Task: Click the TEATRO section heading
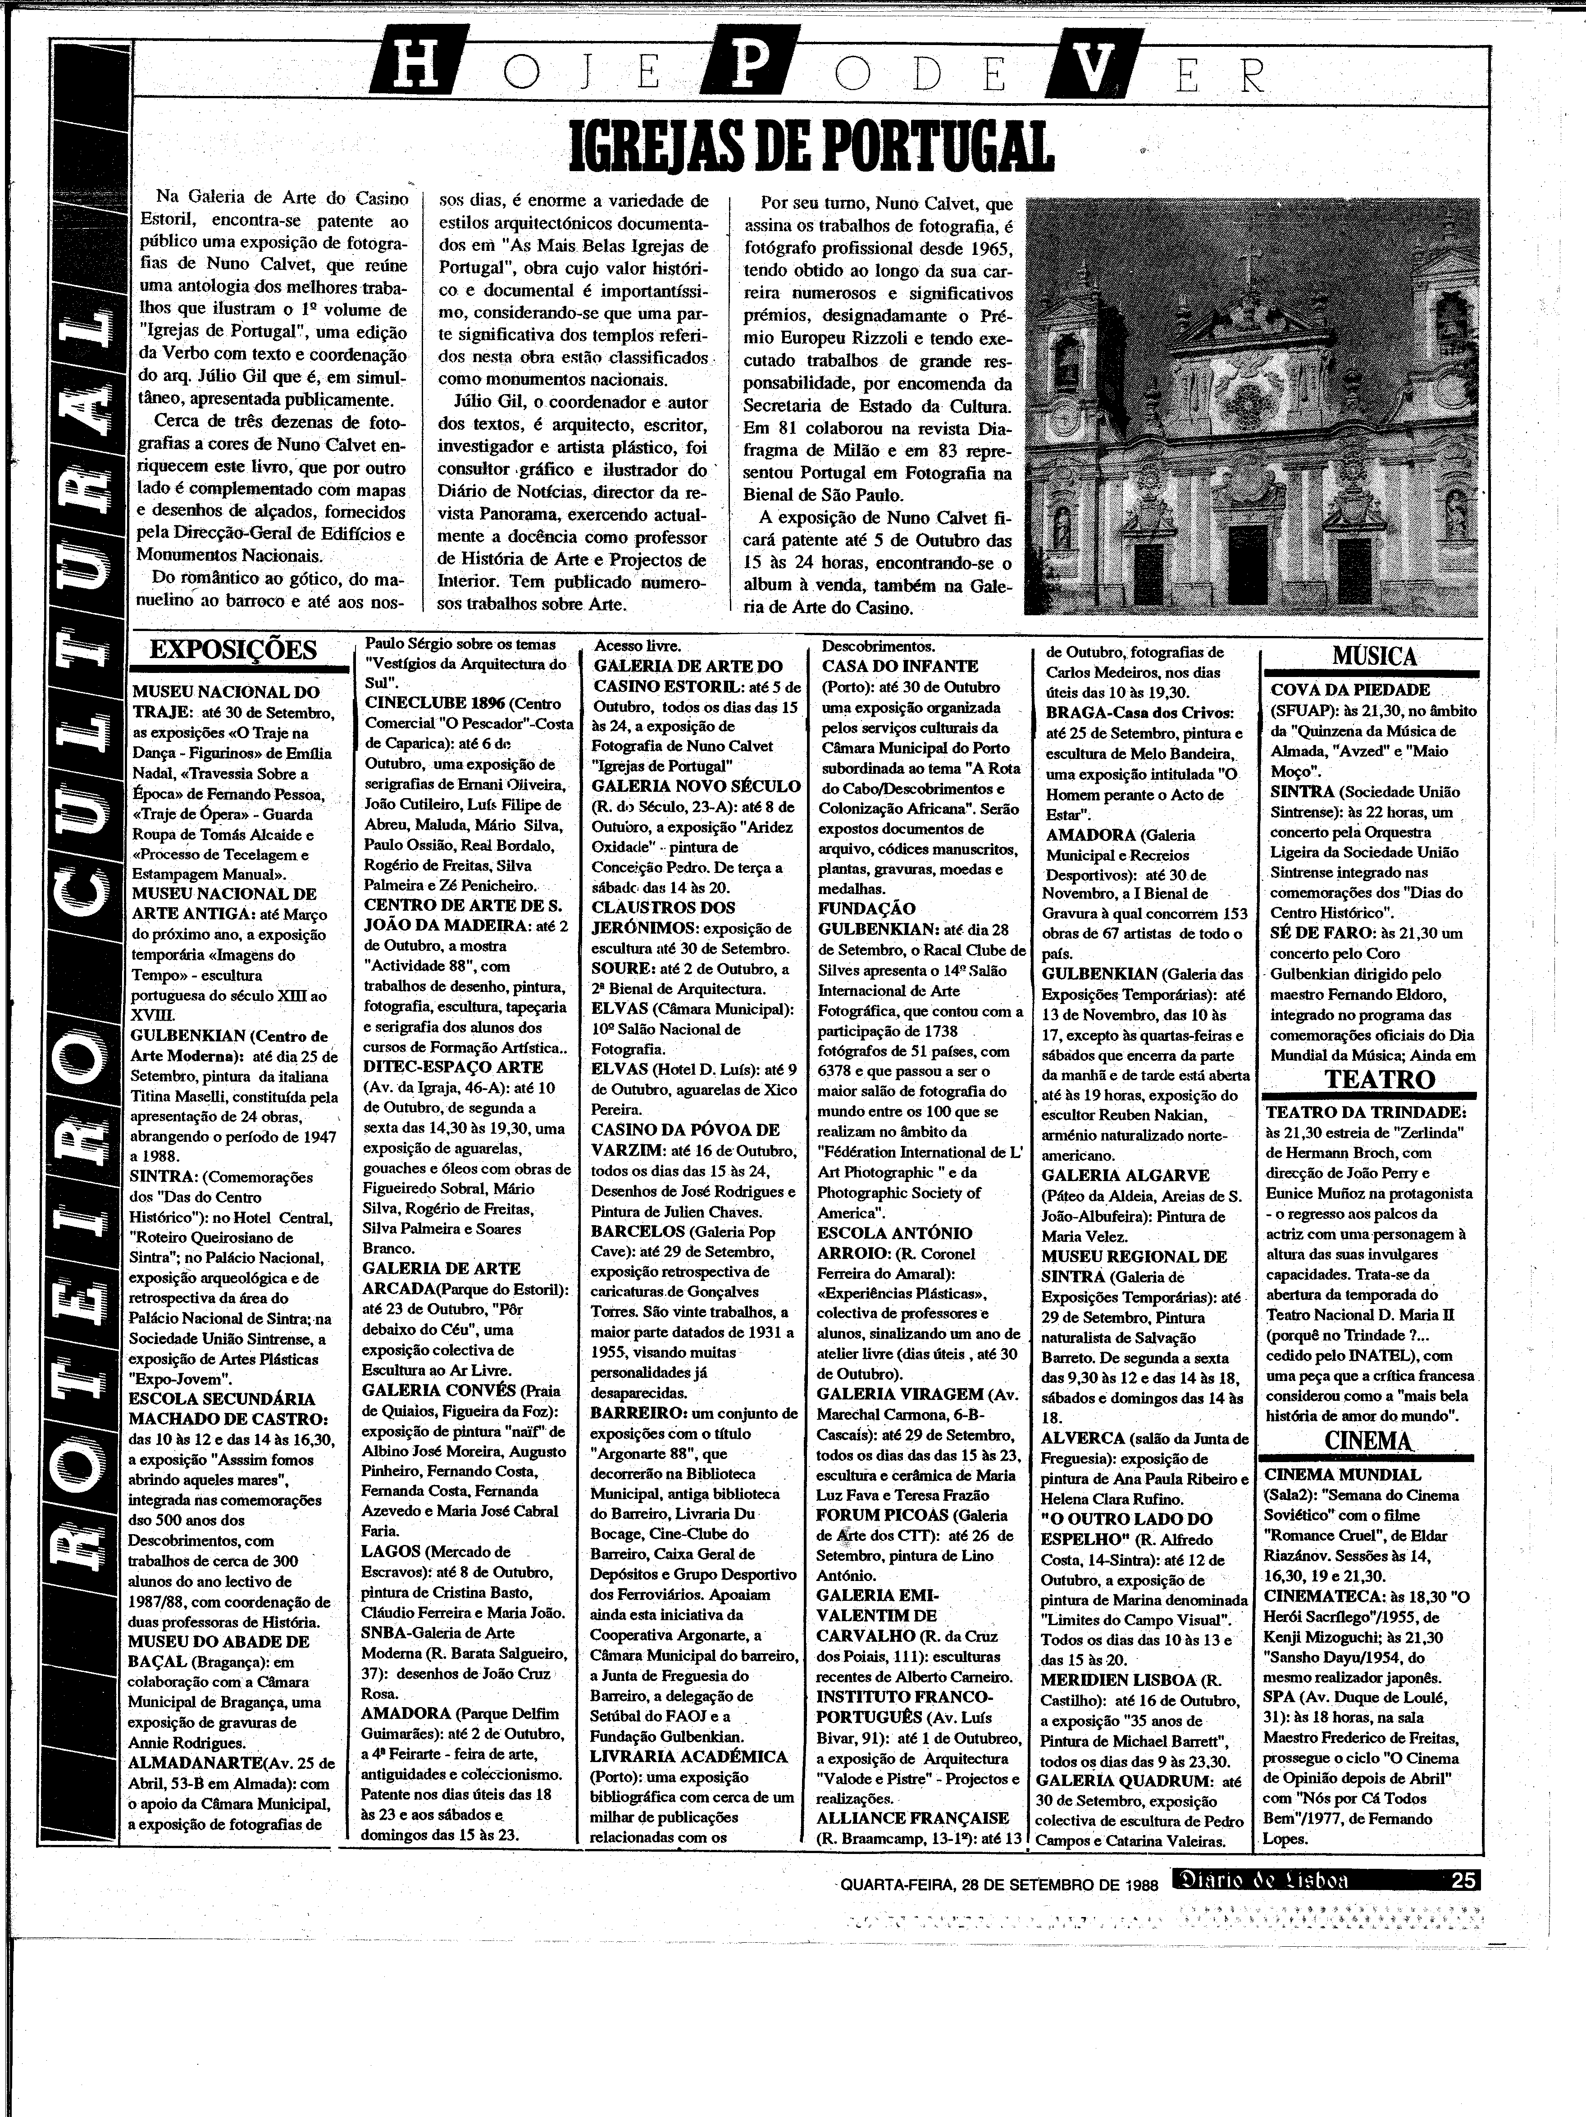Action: tap(1379, 1080)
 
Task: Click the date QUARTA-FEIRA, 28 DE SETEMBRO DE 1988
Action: tap(1000, 1884)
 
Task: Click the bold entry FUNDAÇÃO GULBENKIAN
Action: tap(866, 919)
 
